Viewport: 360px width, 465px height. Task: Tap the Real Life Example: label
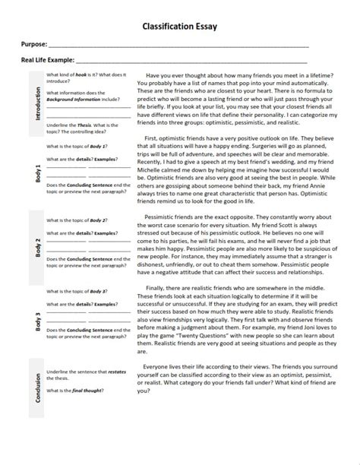coord(48,61)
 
